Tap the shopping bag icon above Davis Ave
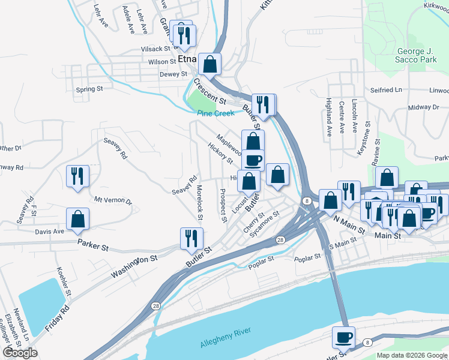coord(78,220)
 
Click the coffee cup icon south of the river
coord(343,337)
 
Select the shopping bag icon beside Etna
coord(210,64)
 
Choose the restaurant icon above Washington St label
coord(188,238)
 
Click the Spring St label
coord(89,89)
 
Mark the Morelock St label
coord(199,202)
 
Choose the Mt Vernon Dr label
coord(113,202)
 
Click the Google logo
coord(20,353)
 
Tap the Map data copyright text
coord(412,355)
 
